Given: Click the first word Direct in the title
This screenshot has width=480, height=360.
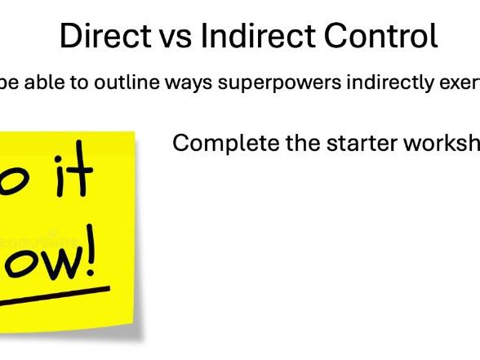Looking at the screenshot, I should (x=100, y=37).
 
